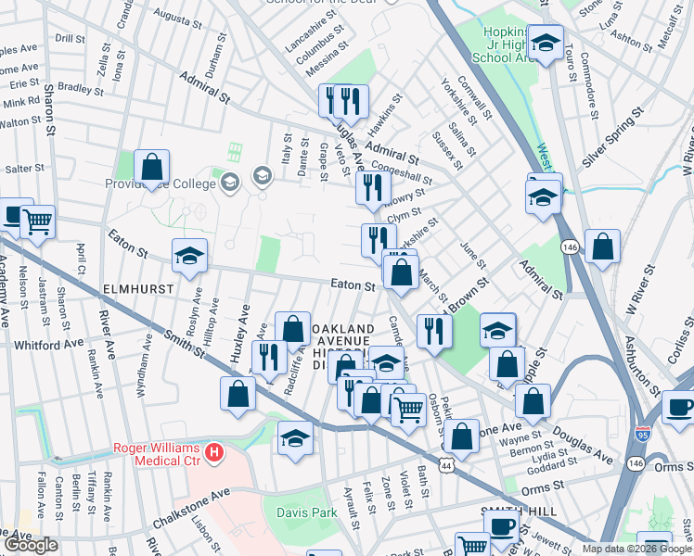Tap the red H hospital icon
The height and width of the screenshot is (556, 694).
click(215, 452)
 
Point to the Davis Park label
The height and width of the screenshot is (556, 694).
click(306, 512)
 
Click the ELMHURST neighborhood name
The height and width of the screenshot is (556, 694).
click(138, 289)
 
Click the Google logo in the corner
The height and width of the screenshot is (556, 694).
click(31, 545)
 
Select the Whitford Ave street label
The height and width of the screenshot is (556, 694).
click(48, 345)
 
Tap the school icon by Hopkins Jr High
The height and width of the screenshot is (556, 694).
click(546, 41)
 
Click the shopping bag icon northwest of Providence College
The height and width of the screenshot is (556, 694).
click(151, 168)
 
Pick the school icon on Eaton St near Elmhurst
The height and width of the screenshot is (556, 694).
click(190, 256)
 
